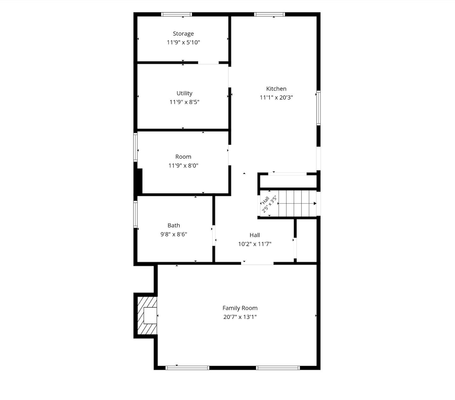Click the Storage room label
click(x=183, y=34)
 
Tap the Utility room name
click(x=184, y=93)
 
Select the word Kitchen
click(x=276, y=89)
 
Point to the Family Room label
click(x=240, y=308)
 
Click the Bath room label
click(x=174, y=225)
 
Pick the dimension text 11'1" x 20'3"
click(x=276, y=97)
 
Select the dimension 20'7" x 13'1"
click(x=240, y=317)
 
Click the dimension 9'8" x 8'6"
click(x=174, y=234)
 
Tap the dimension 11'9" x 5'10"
click(x=183, y=42)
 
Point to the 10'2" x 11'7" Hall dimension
click(x=255, y=244)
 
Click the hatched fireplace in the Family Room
click(x=147, y=315)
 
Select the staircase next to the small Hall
click(x=297, y=203)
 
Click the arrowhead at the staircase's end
click(x=315, y=203)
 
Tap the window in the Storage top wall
click(x=176, y=14)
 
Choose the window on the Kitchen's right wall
click(x=319, y=108)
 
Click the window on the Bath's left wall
click(x=135, y=214)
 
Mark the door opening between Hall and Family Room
click(x=257, y=263)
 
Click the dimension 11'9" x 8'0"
click(x=183, y=166)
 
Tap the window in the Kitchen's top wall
click(x=269, y=14)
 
